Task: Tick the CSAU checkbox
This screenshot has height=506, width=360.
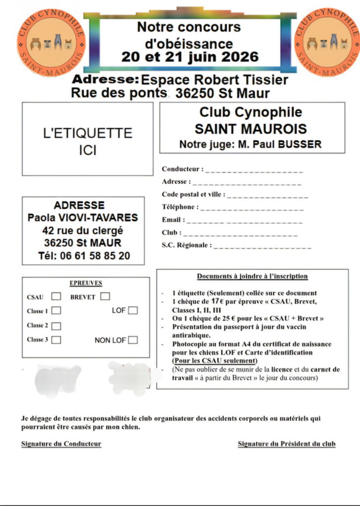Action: [56, 296]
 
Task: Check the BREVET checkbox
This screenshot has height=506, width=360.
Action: [105, 296]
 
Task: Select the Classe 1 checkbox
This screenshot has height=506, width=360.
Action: [56, 311]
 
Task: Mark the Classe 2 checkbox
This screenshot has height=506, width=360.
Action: [56, 326]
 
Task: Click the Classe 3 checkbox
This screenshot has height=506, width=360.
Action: [56, 340]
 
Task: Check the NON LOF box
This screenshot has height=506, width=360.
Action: [133, 340]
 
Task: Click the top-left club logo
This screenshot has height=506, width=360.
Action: [51, 42]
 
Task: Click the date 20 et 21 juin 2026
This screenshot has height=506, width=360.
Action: [190, 56]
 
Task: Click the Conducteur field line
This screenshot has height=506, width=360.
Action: [254, 171]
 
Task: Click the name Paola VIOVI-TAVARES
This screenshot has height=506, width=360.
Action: [82, 218]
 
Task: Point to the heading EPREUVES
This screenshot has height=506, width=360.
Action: [86, 283]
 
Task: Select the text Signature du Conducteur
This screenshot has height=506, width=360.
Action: [61, 444]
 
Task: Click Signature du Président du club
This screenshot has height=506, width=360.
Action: [286, 444]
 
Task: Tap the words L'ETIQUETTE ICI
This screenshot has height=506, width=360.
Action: [87, 141]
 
